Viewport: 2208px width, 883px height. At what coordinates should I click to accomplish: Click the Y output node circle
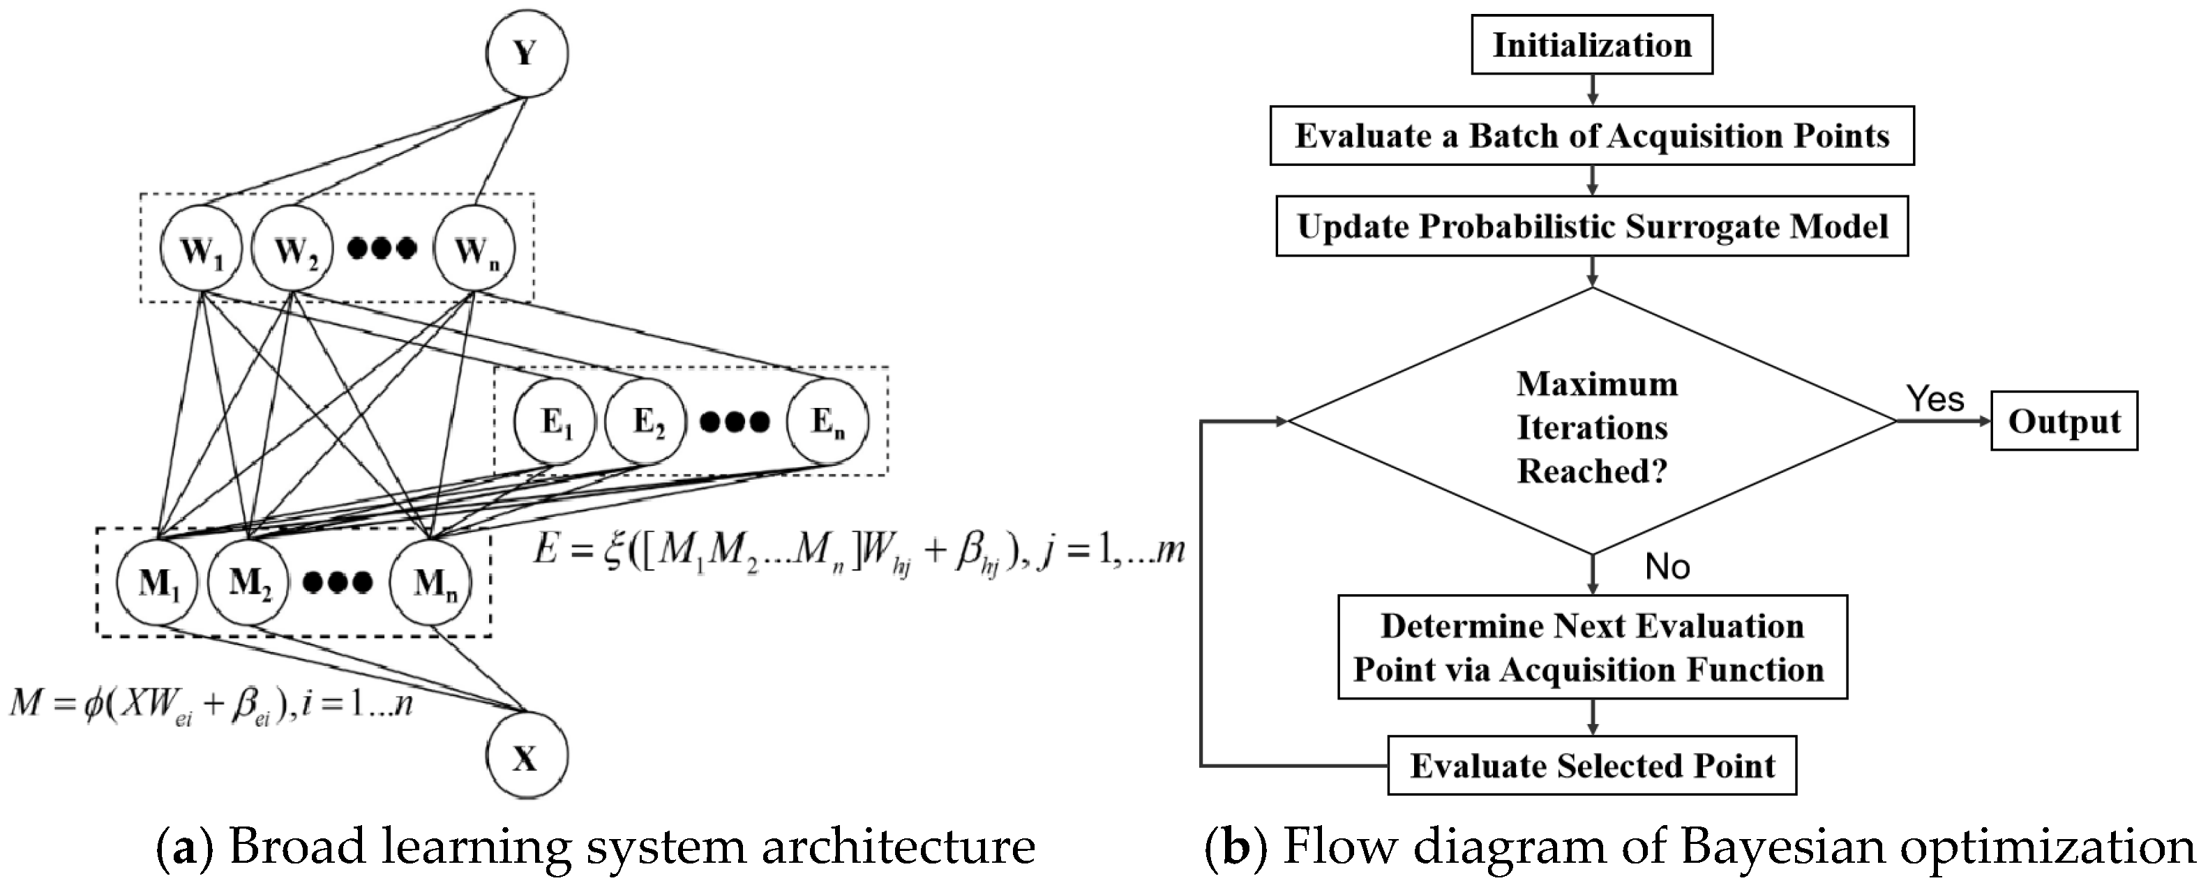[x=526, y=54]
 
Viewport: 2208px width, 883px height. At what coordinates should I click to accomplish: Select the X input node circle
[x=526, y=757]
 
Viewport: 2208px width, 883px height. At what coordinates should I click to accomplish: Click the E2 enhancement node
[x=645, y=422]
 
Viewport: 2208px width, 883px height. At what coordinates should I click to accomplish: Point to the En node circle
[x=827, y=422]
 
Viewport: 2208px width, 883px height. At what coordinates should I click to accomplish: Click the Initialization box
[x=1592, y=45]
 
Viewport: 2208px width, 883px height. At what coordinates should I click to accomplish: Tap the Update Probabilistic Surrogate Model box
[x=1592, y=226]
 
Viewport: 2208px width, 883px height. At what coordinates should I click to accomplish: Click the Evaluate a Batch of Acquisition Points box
[x=1592, y=135]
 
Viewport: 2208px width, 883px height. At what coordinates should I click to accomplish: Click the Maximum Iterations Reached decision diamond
[x=1592, y=426]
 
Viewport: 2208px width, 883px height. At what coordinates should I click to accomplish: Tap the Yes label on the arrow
[x=1935, y=400]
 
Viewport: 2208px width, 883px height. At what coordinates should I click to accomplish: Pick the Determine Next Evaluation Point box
[x=1592, y=647]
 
